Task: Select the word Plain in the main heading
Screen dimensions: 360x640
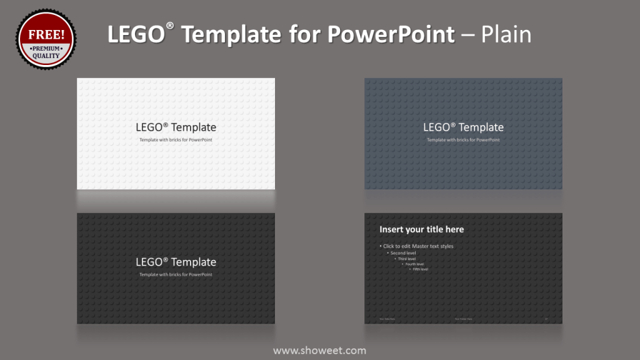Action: coord(506,34)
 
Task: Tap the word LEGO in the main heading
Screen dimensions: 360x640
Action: coord(136,34)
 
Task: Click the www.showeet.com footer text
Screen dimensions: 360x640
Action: coord(319,351)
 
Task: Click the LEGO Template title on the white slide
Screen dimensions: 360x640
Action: coord(176,127)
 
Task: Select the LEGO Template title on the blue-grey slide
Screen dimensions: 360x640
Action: coord(463,127)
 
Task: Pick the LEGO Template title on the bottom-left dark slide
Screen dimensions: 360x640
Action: coord(176,262)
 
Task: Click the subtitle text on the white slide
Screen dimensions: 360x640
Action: coord(176,140)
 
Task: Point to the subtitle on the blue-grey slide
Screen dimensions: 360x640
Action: coord(463,140)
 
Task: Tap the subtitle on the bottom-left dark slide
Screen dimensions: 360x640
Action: coord(176,275)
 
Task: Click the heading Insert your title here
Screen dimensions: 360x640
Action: coord(421,229)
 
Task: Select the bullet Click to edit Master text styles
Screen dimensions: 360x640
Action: coord(418,246)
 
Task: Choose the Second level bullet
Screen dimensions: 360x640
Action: coord(403,253)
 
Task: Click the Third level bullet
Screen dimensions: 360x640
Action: coord(407,259)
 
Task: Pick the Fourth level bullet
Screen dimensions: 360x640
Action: coord(414,264)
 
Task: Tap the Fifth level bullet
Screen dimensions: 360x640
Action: coord(420,269)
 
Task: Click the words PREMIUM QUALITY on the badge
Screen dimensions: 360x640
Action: coord(46,52)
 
